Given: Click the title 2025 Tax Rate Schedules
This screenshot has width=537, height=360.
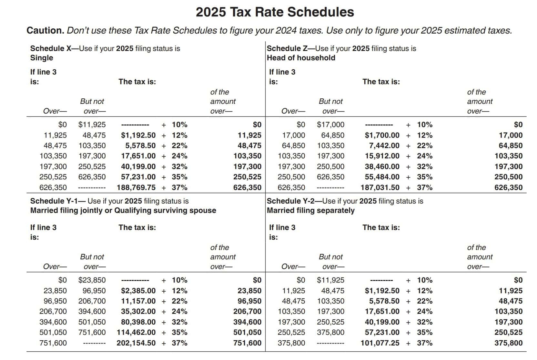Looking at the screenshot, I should pyautogui.click(x=275, y=12).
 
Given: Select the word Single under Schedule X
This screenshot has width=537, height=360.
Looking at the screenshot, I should pyautogui.click(x=42, y=58).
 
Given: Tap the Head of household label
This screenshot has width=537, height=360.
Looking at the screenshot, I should pyautogui.click(x=301, y=58).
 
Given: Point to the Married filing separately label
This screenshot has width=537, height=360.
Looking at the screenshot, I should pyautogui.click(x=310, y=211).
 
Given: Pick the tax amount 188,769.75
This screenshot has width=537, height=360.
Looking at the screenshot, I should pyautogui.click(x=136, y=187).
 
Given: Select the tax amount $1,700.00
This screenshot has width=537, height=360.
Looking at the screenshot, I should pyautogui.click(x=382, y=135).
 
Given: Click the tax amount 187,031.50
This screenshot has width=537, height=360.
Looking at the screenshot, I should pyautogui.click(x=380, y=187).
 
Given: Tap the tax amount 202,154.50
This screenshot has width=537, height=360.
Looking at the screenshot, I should pyautogui.click(x=136, y=343).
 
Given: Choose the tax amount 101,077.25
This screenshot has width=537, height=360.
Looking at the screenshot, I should pyautogui.click(x=380, y=343).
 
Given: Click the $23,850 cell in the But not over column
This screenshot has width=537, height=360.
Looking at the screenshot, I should pyautogui.click(x=92, y=280).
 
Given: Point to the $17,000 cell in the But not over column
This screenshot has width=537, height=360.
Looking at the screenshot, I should pyautogui.click(x=330, y=125).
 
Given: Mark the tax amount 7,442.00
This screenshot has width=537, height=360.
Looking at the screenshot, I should pyautogui.click(x=384, y=145).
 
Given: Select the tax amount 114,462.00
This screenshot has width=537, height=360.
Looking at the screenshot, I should pyautogui.click(x=136, y=332).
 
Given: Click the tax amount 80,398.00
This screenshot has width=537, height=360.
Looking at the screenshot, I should pyautogui.click(x=138, y=322).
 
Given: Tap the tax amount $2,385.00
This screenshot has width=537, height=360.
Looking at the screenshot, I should pyautogui.click(x=138, y=291).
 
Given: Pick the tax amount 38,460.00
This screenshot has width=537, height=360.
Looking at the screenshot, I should pyautogui.click(x=382, y=166).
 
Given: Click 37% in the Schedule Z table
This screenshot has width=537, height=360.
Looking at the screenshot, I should pyautogui.click(x=424, y=187).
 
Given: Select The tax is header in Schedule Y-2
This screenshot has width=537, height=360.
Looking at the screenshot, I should pyautogui.click(x=381, y=227).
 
